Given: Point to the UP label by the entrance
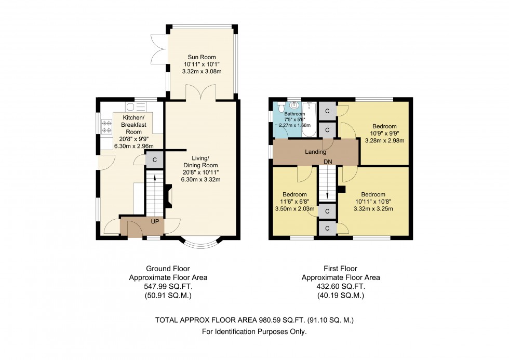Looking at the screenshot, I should pos(155,221).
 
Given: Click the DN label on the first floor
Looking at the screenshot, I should pos(328,162).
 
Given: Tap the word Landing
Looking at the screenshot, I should pos(316,152).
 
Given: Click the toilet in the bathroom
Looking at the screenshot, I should pos(280,108).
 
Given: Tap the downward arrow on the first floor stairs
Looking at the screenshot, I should pos(328,193).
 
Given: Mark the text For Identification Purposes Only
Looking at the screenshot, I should pos(254,331).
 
